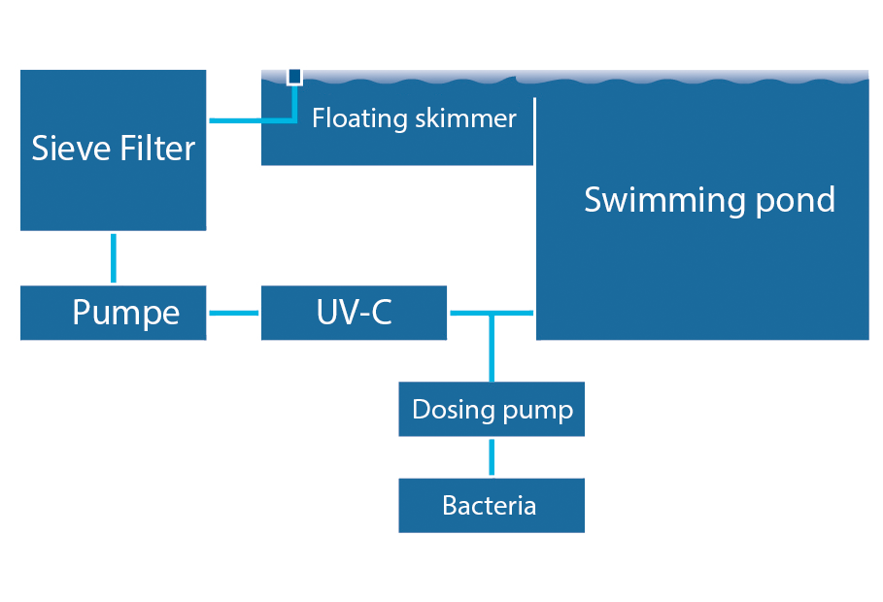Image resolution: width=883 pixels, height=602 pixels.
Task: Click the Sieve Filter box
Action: [x=114, y=150]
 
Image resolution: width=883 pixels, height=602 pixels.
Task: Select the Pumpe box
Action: [x=114, y=313]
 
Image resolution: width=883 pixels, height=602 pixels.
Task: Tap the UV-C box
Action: [x=354, y=313]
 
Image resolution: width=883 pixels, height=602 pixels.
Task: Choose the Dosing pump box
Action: [x=492, y=409]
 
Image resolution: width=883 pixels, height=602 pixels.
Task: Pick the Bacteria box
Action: [x=492, y=505]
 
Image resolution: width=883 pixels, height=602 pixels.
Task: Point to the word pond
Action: [x=795, y=201]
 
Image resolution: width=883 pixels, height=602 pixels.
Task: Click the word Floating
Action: [x=359, y=118]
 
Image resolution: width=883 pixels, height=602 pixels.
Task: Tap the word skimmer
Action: [x=465, y=118]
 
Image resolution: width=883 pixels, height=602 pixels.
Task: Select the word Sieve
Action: [x=72, y=149]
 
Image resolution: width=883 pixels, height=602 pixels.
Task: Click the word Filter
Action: [x=157, y=149]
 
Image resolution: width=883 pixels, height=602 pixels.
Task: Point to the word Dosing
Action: [x=454, y=410]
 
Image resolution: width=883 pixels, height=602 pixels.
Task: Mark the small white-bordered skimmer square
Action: [x=294, y=77]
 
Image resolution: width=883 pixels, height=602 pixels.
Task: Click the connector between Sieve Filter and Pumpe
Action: [x=114, y=258]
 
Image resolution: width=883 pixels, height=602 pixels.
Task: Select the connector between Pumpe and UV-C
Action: [x=234, y=313]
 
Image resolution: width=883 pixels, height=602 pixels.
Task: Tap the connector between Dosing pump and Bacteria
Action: [x=492, y=457]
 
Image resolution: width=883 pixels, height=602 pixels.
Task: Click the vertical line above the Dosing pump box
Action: [x=492, y=348]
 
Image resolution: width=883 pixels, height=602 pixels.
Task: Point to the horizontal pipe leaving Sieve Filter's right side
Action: [x=253, y=120]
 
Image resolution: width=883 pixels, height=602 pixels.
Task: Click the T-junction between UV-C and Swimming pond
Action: [x=492, y=313]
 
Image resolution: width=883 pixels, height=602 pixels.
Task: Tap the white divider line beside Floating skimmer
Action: [x=534, y=131]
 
